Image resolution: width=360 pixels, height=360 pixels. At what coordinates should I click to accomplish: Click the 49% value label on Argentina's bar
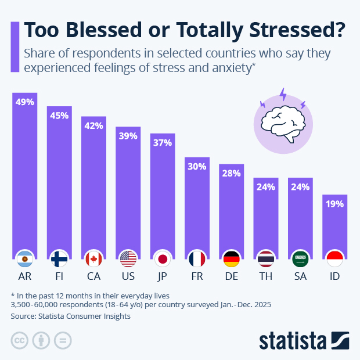pos(25,102)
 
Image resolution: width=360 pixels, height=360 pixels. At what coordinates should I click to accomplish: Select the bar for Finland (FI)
pos(59,180)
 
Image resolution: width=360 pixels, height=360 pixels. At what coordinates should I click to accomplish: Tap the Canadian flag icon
pos(93,258)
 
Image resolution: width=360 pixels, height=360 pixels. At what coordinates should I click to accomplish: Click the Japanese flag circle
pos(163,258)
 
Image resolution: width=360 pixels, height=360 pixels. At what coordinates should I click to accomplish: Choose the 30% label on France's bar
pos(197,167)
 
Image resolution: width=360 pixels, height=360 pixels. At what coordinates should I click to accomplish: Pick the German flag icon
pos(232,258)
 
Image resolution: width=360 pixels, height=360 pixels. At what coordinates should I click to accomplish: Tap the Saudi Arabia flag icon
pos(300,258)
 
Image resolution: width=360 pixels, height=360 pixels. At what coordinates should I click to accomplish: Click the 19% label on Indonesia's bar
pos(334,204)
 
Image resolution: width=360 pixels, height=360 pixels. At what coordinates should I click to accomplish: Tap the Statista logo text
pos(293,339)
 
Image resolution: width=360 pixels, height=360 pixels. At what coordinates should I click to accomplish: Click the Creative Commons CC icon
pos(20,340)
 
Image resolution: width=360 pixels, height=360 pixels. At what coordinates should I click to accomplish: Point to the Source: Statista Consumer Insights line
pos(70,316)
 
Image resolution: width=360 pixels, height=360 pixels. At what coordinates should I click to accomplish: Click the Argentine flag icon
pos(25,258)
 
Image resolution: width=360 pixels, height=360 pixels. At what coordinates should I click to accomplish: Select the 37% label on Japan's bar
pos(163,143)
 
